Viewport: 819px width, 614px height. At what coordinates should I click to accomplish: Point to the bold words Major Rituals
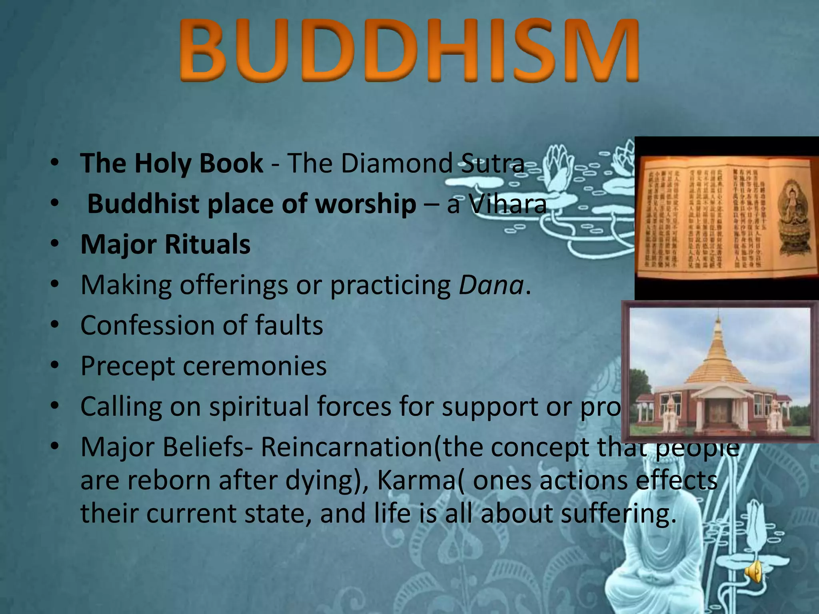pyautogui.click(x=166, y=244)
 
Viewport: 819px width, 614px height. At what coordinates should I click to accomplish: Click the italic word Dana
pyautogui.click(x=491, y=285)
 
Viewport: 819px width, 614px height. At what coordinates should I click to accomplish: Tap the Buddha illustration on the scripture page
pyautogui.click(x=791, y=216)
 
